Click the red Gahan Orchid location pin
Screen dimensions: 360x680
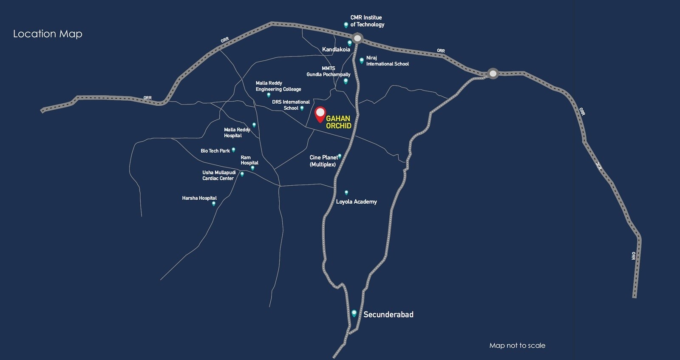pos(320,114)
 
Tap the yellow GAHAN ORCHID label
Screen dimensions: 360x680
pos(338,122)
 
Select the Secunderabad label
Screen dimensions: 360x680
pos(388,315)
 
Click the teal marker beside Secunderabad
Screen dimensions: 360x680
pos(354,314)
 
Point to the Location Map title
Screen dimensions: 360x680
pos(48,34)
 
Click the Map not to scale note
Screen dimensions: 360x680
pos(517,346)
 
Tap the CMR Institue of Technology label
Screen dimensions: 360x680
pos(367,21)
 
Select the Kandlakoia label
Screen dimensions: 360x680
pos(336,50)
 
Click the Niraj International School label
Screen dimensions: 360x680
pos(387,61)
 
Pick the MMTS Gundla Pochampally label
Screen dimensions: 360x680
pos(329,71)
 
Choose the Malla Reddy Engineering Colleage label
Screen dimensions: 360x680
pos(278,86)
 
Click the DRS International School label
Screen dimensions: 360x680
pos(291,105)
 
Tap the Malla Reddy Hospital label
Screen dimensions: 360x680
pos(237,133)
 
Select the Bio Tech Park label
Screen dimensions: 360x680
pos(215,151)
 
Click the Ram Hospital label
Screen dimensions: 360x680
pos(249,160)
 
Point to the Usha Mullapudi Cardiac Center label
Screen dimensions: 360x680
pos(218,176)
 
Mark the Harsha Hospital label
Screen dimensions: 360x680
pos(199,198)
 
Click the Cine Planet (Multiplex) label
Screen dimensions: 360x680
pos(323,161)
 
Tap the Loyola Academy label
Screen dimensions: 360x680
pos(356,202)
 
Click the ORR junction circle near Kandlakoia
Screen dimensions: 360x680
pos(357,39)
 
